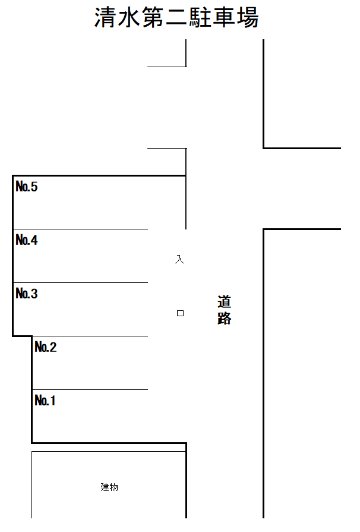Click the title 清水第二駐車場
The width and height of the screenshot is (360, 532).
pyautogui.click(x=176, y=18)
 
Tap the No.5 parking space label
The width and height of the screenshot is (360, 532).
pyautogui.click(x=27, y=187)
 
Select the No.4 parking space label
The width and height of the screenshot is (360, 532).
pyautogui.click(x=27, y=241)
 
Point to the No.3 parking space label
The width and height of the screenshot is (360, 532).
pyautogui.click(x=27, y=294)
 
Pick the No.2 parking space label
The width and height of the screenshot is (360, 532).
pyautogui.click(x=46, y=347)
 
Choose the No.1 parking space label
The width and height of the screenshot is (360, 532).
pyautogui.click(x=45, y=401)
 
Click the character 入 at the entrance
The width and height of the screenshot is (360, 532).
pyautogui.click(x=180, y=260)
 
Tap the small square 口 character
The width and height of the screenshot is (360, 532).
pyautogui.click(x=181, y=313)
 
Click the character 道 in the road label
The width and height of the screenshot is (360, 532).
pyautogui.click(x=225, y=302)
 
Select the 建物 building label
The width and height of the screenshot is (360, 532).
pyautogui.click(x=109, y=487)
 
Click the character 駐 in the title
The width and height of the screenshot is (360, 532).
pyautogui.click(x=200, y=18)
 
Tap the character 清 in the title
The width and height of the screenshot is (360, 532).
pyautogui.click(x=106, y=18)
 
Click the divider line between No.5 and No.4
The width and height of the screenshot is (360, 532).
pyautogui.click(x=80, y=229)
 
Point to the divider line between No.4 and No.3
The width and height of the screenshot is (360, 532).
pyautogui.click(x=80, y=282)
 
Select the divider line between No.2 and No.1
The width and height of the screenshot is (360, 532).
pyautogui.click(x=89, y=389)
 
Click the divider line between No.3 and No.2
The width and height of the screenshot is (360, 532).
pyautogui.click(x=89, y=336)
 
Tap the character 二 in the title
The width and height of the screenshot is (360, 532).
pyautogui.click(x=176, y=18)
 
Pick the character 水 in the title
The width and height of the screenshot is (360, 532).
pyautogui.click(x=130, y=18)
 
